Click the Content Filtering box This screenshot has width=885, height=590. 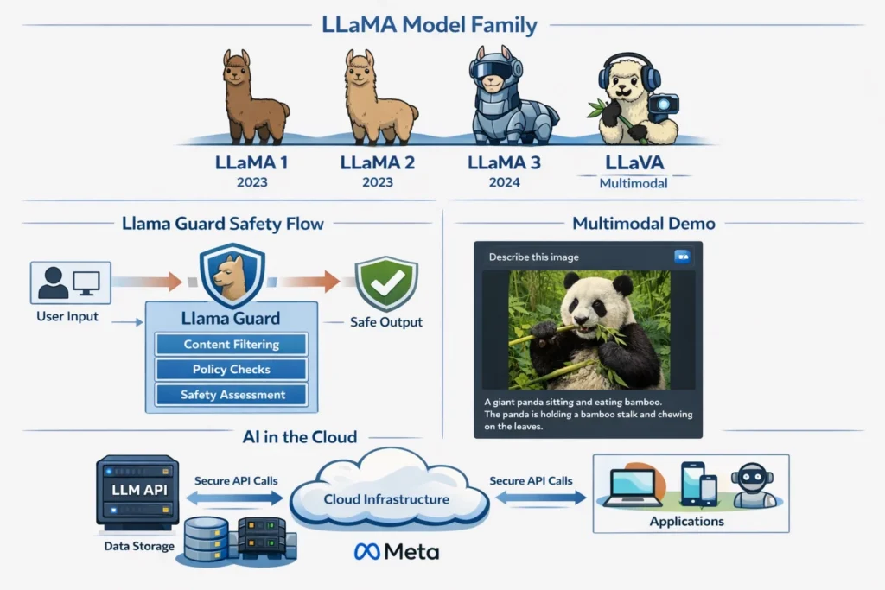(x=232, y=345)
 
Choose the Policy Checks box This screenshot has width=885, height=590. (x=232, y=370)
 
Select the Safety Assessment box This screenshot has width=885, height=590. (x=232, y=395)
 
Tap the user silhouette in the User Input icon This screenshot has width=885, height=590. (x=54, y=282)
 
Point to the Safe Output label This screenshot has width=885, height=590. (x=386, y=322)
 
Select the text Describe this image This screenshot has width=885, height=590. (x=533, y=257)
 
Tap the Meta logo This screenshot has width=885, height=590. (x=397, y=551)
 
